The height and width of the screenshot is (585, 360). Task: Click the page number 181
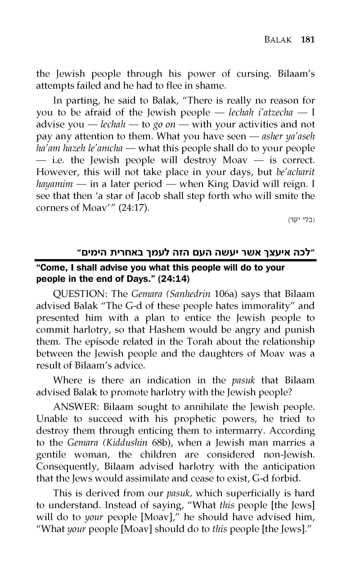pos(307,39)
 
